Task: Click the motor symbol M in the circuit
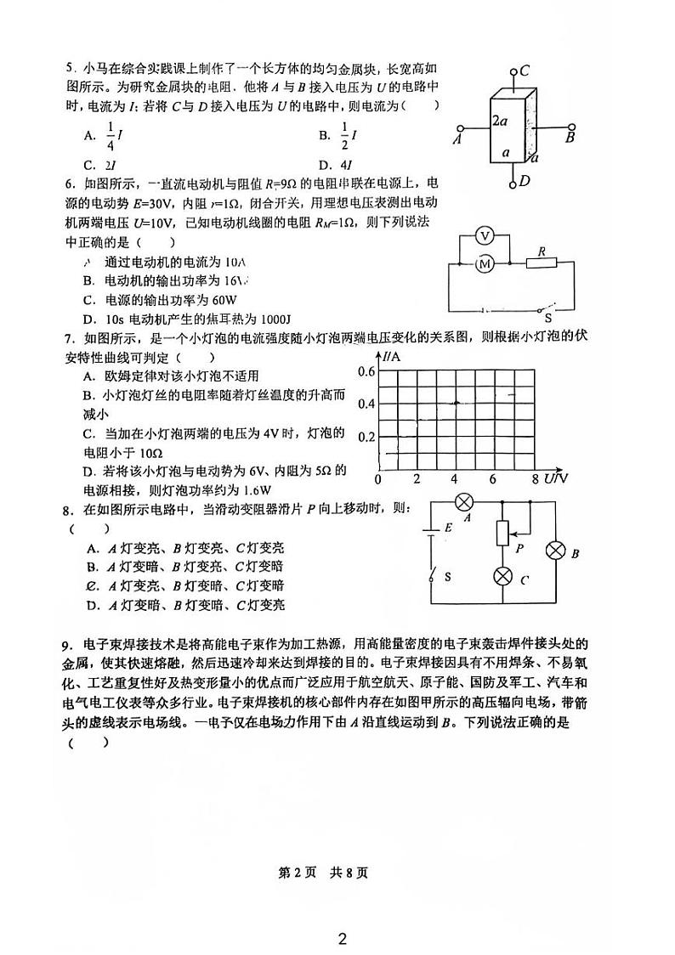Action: [x=485, y=264]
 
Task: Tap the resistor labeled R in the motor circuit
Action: [x=541, y=264]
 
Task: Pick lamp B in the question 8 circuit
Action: [x=555, y=551]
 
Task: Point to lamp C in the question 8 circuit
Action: [x=503, y=576]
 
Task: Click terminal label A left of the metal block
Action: [x=457, y=139]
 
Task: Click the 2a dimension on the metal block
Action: [x=501, y=121]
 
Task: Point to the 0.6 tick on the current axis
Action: [x=366, y=371]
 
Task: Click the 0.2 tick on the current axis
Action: [x=366, y=437]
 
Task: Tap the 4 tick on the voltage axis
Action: [x=455, y=479]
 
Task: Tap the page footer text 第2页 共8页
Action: [x=337, y=872]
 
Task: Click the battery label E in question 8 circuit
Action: [x=448, y=528]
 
